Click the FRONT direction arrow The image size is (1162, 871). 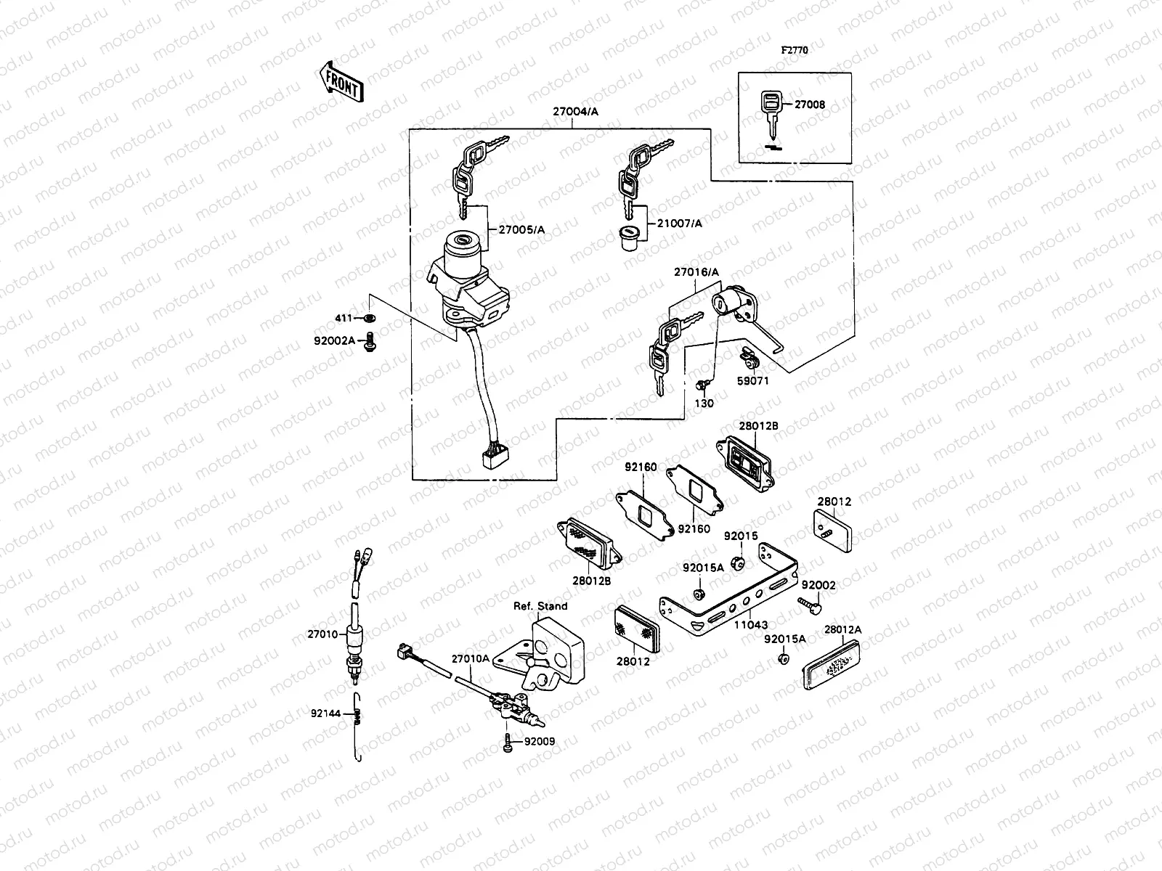(341, 81)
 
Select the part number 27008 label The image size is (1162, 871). (809, 105)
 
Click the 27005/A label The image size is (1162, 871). (521, 230)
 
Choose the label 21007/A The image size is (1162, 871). (680, 224)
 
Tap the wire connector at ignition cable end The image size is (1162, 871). (492, 458)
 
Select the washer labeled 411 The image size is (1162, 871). (370, 318)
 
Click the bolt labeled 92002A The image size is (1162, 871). (370, 340)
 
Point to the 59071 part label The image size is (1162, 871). (754, 380)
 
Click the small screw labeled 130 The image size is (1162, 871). (703, 385)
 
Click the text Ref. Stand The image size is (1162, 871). (540, 606)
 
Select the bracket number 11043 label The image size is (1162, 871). (749, 624)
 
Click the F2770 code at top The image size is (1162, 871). (794, 51)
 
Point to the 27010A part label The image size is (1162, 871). (470, 659)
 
